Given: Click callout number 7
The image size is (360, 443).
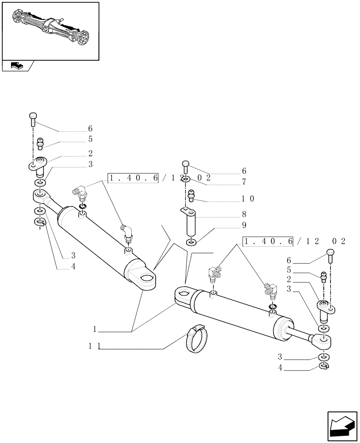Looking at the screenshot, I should coord(244,182).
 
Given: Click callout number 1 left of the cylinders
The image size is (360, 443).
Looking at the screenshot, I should coord(95,330).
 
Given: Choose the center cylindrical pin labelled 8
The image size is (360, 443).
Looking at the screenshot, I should coord(191,223).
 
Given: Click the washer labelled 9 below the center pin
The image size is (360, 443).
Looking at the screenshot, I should coord(191,242).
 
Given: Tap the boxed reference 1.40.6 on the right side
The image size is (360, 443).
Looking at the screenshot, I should coord(268,241).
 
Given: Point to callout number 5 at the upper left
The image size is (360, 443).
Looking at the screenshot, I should coord(90,139).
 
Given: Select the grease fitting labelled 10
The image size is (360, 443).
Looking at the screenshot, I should coord(192,195).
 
